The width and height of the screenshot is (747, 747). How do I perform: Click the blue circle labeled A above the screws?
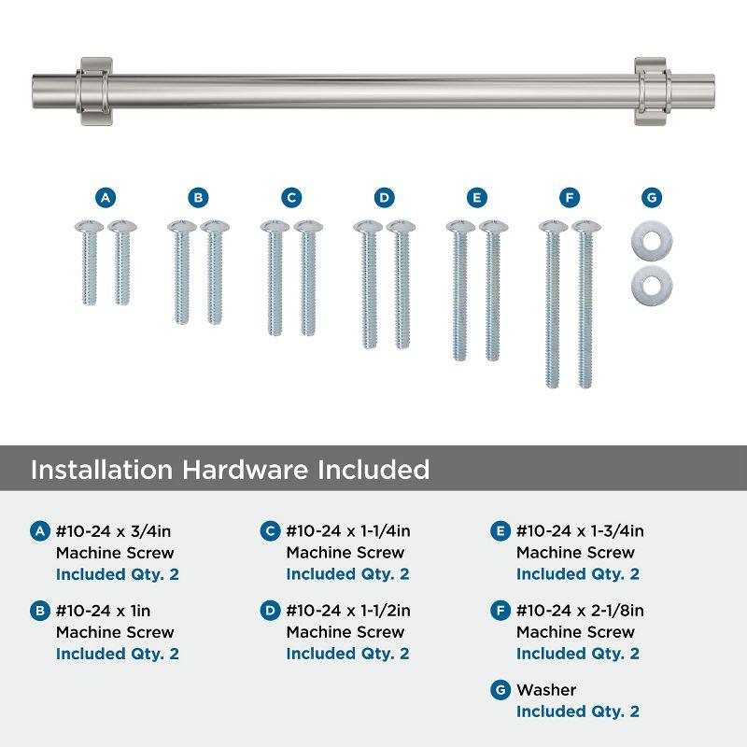coord(106,197)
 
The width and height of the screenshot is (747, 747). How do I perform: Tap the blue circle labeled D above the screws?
coord(384,197)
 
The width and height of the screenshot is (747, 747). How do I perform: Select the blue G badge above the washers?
coord(652,197)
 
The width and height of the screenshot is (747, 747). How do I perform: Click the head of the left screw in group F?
coord(552,227)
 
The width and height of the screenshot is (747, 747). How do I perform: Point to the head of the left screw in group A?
coord(87,227)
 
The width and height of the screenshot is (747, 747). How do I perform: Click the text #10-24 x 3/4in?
coord(114,532)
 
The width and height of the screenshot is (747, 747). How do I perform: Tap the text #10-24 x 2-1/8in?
coord(580,612)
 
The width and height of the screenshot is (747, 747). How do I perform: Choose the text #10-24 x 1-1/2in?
coord(348,612)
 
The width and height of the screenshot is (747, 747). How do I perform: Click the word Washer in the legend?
coord(546,690)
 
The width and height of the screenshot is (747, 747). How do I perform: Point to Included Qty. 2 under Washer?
coord(578,712)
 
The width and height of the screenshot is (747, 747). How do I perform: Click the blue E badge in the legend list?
coord(500,532)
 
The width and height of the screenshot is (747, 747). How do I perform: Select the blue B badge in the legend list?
coord(39,612)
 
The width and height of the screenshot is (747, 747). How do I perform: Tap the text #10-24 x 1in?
coord(102,612)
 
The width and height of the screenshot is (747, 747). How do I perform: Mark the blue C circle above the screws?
coord(291,197)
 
